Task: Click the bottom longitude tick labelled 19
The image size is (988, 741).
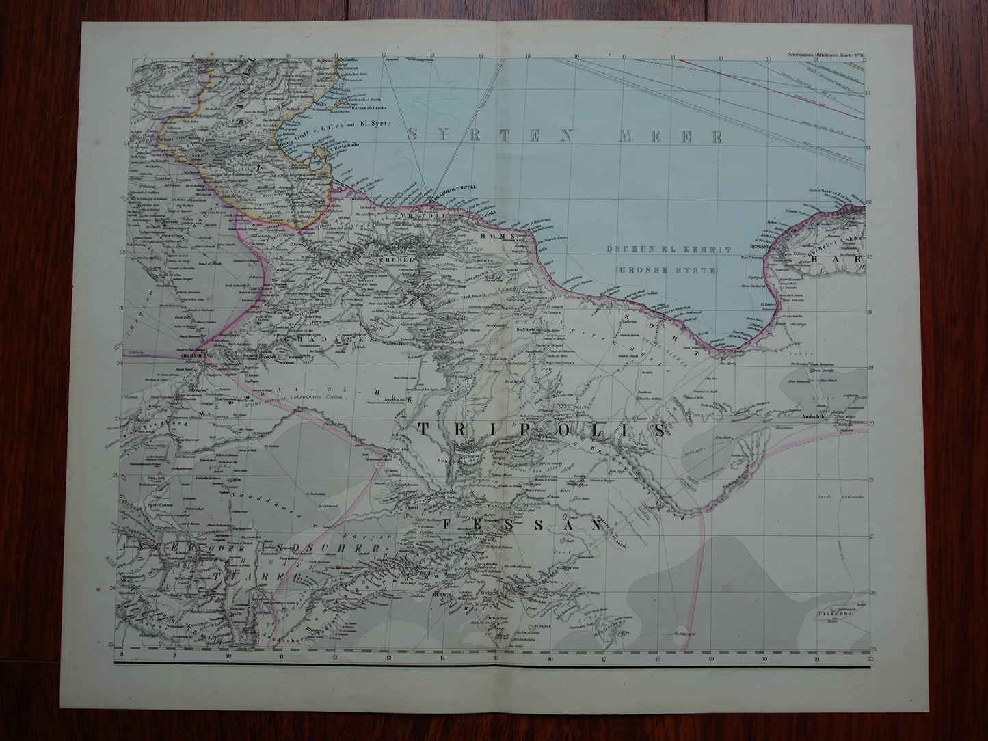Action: click(x=712, y=659)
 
